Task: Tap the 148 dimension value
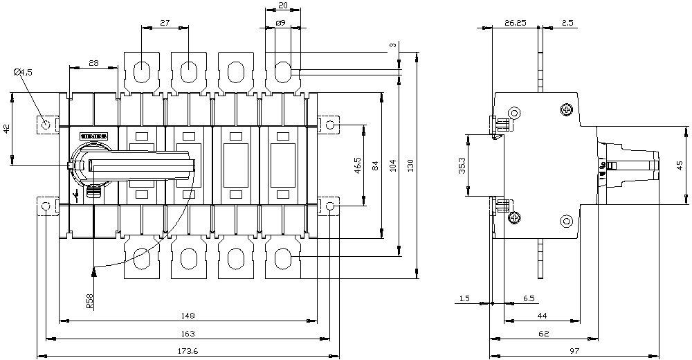click(x=187, y=316)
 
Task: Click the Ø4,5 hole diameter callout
click(x=24, y=71)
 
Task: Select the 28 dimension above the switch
click(x=93, y=63)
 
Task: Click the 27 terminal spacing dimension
click(x=165, y=23)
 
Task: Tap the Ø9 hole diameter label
click(x=281, y=24)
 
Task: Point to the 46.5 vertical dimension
click(x=357, y=165)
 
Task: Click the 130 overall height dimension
click(x=410, y=165)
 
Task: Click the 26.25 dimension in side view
click(x=515, y=23)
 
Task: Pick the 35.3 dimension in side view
click(x=462, y=167)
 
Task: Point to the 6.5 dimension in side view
click(x=529, y=298)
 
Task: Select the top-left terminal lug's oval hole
click(x=141, y=72)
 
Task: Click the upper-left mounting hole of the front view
click(x=46, y=125)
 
